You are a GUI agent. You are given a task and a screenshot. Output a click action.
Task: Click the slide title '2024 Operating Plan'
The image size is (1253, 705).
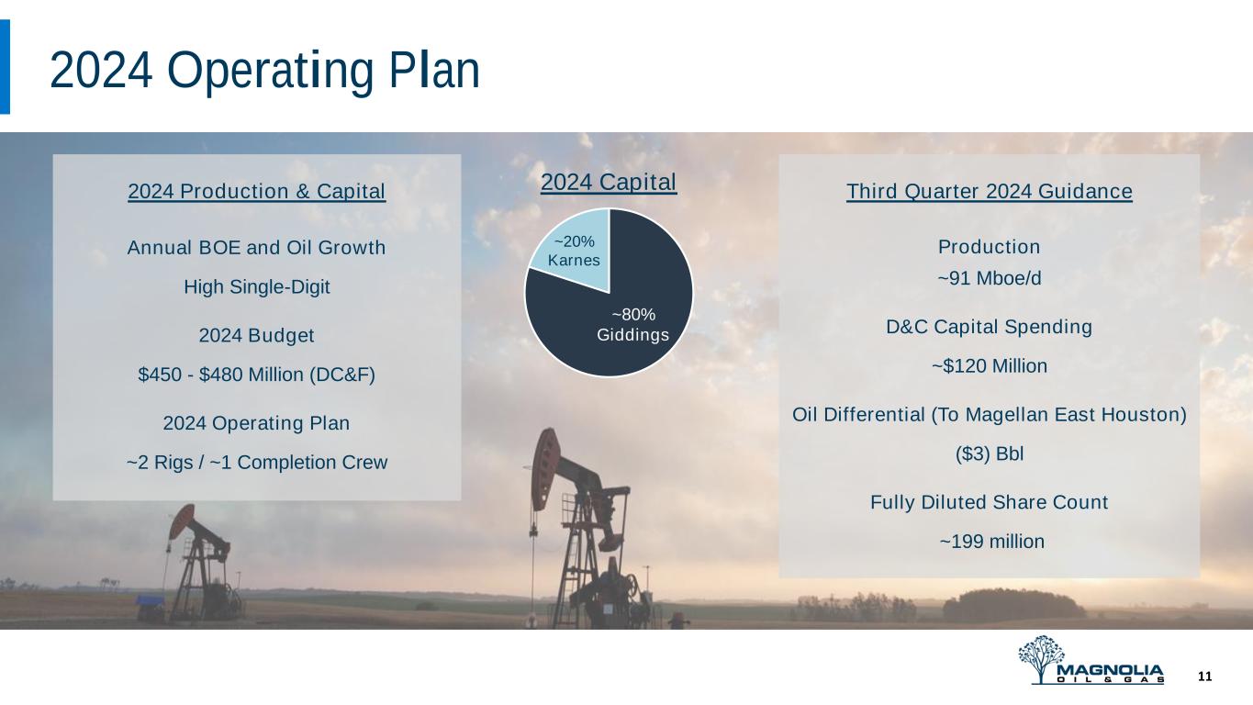[x=264, y=71]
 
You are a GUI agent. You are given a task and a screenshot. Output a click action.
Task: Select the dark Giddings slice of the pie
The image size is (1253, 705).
[x=621, y=325]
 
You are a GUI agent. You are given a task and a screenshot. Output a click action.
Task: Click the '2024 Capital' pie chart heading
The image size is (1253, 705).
[x=608, y=183]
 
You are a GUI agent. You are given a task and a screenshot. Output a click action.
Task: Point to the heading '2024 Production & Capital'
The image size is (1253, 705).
[x=257, y=191]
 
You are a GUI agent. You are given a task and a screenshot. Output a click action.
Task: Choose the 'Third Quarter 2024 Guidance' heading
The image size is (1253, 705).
[x=989, y=191]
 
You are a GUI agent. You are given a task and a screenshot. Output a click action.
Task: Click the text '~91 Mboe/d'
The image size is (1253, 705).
[x=989, y=278]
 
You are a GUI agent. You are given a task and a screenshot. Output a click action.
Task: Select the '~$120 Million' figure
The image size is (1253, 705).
[x=989, y=366]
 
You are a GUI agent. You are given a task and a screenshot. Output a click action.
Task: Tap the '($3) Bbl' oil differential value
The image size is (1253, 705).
[x=989, y=453]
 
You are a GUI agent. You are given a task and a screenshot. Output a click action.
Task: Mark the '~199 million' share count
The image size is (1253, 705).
[x=991, y=542]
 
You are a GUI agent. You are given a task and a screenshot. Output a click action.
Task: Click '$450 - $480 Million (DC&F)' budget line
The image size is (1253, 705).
[x=257, y=375]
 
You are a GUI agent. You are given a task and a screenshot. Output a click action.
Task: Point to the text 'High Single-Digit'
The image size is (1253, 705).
[x=257, y=287]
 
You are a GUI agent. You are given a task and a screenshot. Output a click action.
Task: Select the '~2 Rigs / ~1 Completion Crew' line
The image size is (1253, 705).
[x=257, y=462]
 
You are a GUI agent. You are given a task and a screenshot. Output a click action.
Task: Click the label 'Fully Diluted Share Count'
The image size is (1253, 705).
[x=989, y=502]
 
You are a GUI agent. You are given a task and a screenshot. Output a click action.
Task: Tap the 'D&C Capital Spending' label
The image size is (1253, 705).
[x=989, y=327]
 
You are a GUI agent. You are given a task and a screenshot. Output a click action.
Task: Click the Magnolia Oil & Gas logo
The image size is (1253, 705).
[x=1091, y=660]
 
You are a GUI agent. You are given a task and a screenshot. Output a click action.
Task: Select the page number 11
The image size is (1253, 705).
[x=1205, y=677]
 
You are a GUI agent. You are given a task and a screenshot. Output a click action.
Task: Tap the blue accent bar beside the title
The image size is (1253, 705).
[x=5, y=67]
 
